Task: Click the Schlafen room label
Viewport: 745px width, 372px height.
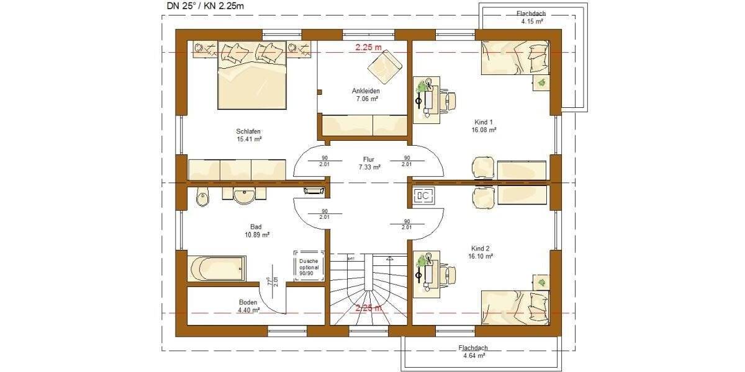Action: [248, 135]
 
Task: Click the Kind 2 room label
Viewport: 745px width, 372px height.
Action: [482, 251]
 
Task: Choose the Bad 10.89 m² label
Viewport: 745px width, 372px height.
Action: [256, 231]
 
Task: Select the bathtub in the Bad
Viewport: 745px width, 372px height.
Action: [218, 268]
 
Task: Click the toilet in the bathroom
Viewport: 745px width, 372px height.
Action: [202, 198]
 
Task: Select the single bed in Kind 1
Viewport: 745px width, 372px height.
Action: [515, 57]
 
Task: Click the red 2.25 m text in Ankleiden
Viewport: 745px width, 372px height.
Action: [368, 47]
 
